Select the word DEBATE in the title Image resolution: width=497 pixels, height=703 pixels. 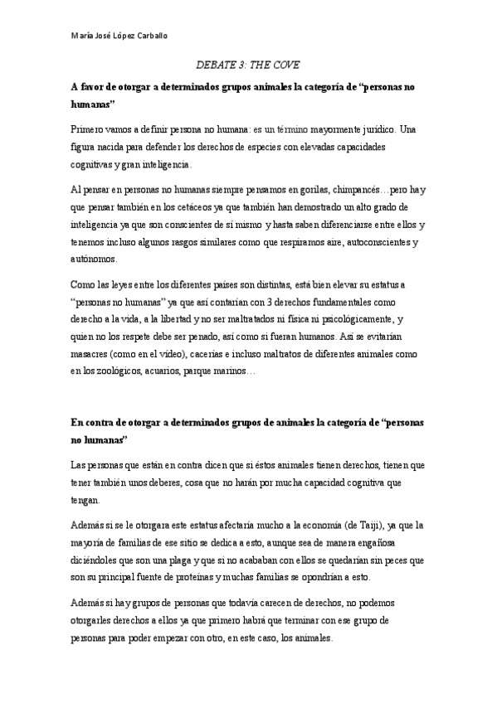click(x=215, y=64)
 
